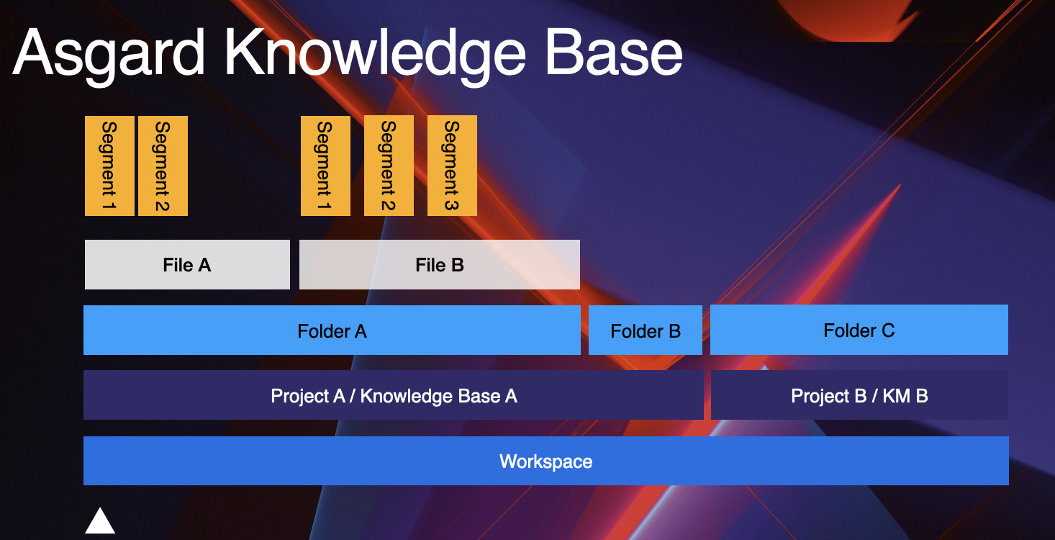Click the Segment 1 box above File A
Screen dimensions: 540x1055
109,166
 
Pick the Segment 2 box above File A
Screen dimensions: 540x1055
163,166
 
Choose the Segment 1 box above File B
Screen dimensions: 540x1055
325,166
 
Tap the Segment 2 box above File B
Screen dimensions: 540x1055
389,166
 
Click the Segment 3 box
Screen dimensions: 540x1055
452,166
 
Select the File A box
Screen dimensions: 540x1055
187,265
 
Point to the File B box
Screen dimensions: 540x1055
439,265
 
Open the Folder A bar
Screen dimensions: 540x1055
332,330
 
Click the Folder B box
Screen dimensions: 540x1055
646,330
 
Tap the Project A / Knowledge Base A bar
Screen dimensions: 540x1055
393,395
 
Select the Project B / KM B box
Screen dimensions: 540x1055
859,395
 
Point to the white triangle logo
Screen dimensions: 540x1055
100,522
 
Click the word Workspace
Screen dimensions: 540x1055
545,462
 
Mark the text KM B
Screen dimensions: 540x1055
905,395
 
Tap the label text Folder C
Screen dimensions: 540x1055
859,330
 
